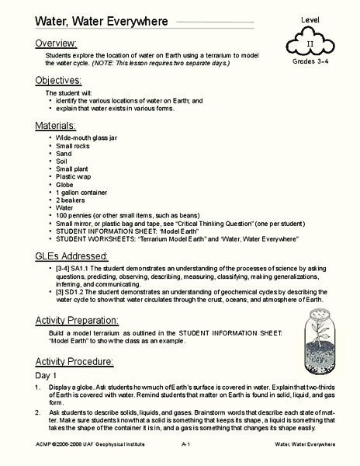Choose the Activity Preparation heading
pyautogui.click(x=88, y=321)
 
